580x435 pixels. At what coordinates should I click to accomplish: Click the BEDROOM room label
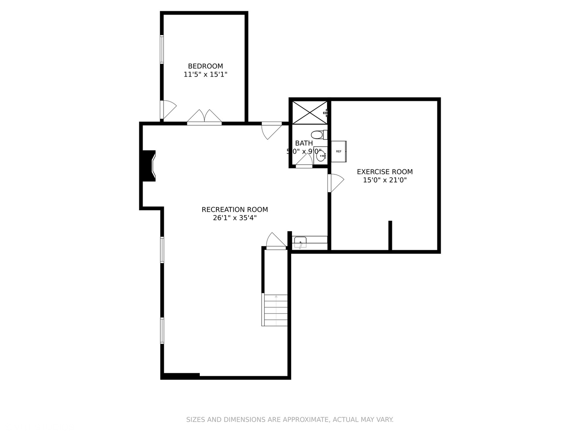tap(205, 66)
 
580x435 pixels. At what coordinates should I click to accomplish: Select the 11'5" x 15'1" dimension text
tap(205, 75)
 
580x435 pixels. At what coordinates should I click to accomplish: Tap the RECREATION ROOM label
tap(234, 209)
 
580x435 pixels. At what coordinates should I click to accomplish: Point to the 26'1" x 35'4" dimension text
tap(234, 218)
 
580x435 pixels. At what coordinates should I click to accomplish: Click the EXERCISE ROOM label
tap(385, 172)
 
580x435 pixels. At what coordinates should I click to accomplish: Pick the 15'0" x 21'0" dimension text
tap(385, 180)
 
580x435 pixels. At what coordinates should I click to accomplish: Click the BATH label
tap(304, 143)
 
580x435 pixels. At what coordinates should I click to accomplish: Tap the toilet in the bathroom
tap(319, 135)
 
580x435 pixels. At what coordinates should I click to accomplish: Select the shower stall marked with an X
tap(309, 112)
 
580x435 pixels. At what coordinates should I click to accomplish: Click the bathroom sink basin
tap(321, 155)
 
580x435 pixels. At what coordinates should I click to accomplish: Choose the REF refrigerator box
tap(338, 151)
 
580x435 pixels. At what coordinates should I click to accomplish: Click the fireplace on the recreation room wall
tap(149, 166)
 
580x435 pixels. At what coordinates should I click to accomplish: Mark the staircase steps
tap(275, 310)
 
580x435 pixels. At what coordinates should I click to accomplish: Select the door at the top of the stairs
tap(276, 242)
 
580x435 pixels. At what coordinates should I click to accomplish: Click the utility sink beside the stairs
tap(300, 242)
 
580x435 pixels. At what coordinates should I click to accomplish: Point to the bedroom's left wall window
tap(162, 49)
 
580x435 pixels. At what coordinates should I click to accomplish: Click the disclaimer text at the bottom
tap(290, 420)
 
